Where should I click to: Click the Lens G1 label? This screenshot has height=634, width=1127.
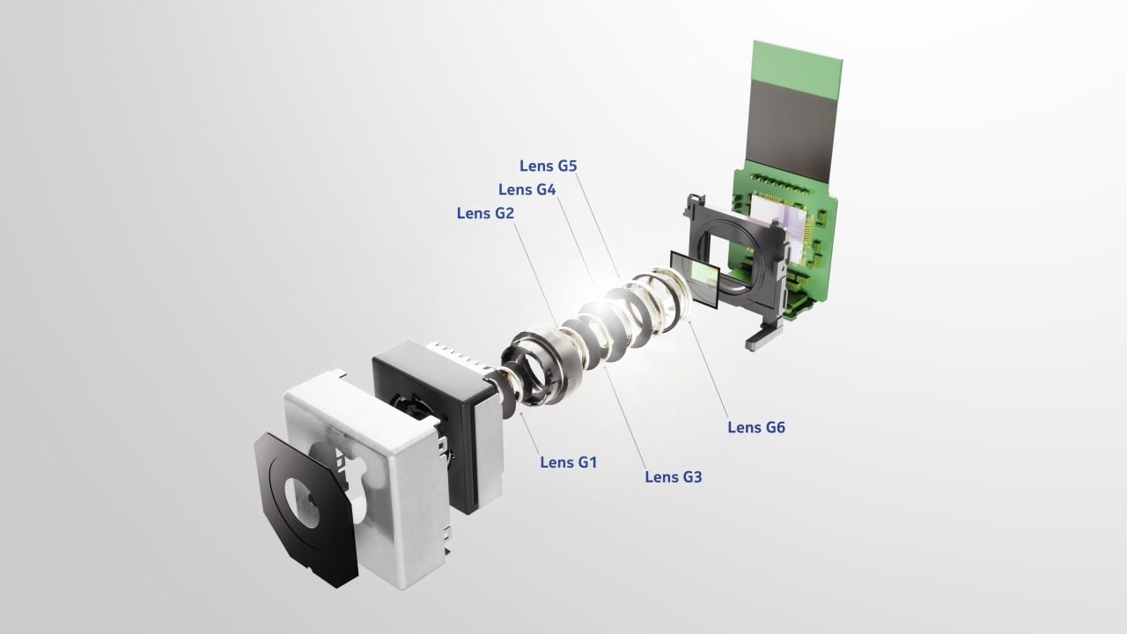coord(569,462)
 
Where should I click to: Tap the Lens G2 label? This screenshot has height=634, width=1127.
coord(485,213)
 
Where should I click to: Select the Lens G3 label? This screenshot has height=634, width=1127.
coord(674,477)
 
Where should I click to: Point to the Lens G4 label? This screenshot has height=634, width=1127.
coord(527,189)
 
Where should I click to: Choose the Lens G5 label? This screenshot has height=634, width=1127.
coord(548,166)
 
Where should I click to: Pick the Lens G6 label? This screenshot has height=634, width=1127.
coord(756,428)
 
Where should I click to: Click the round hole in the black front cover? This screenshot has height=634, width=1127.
coord(302,502)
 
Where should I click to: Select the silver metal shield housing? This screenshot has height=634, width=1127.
coord(367,478)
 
